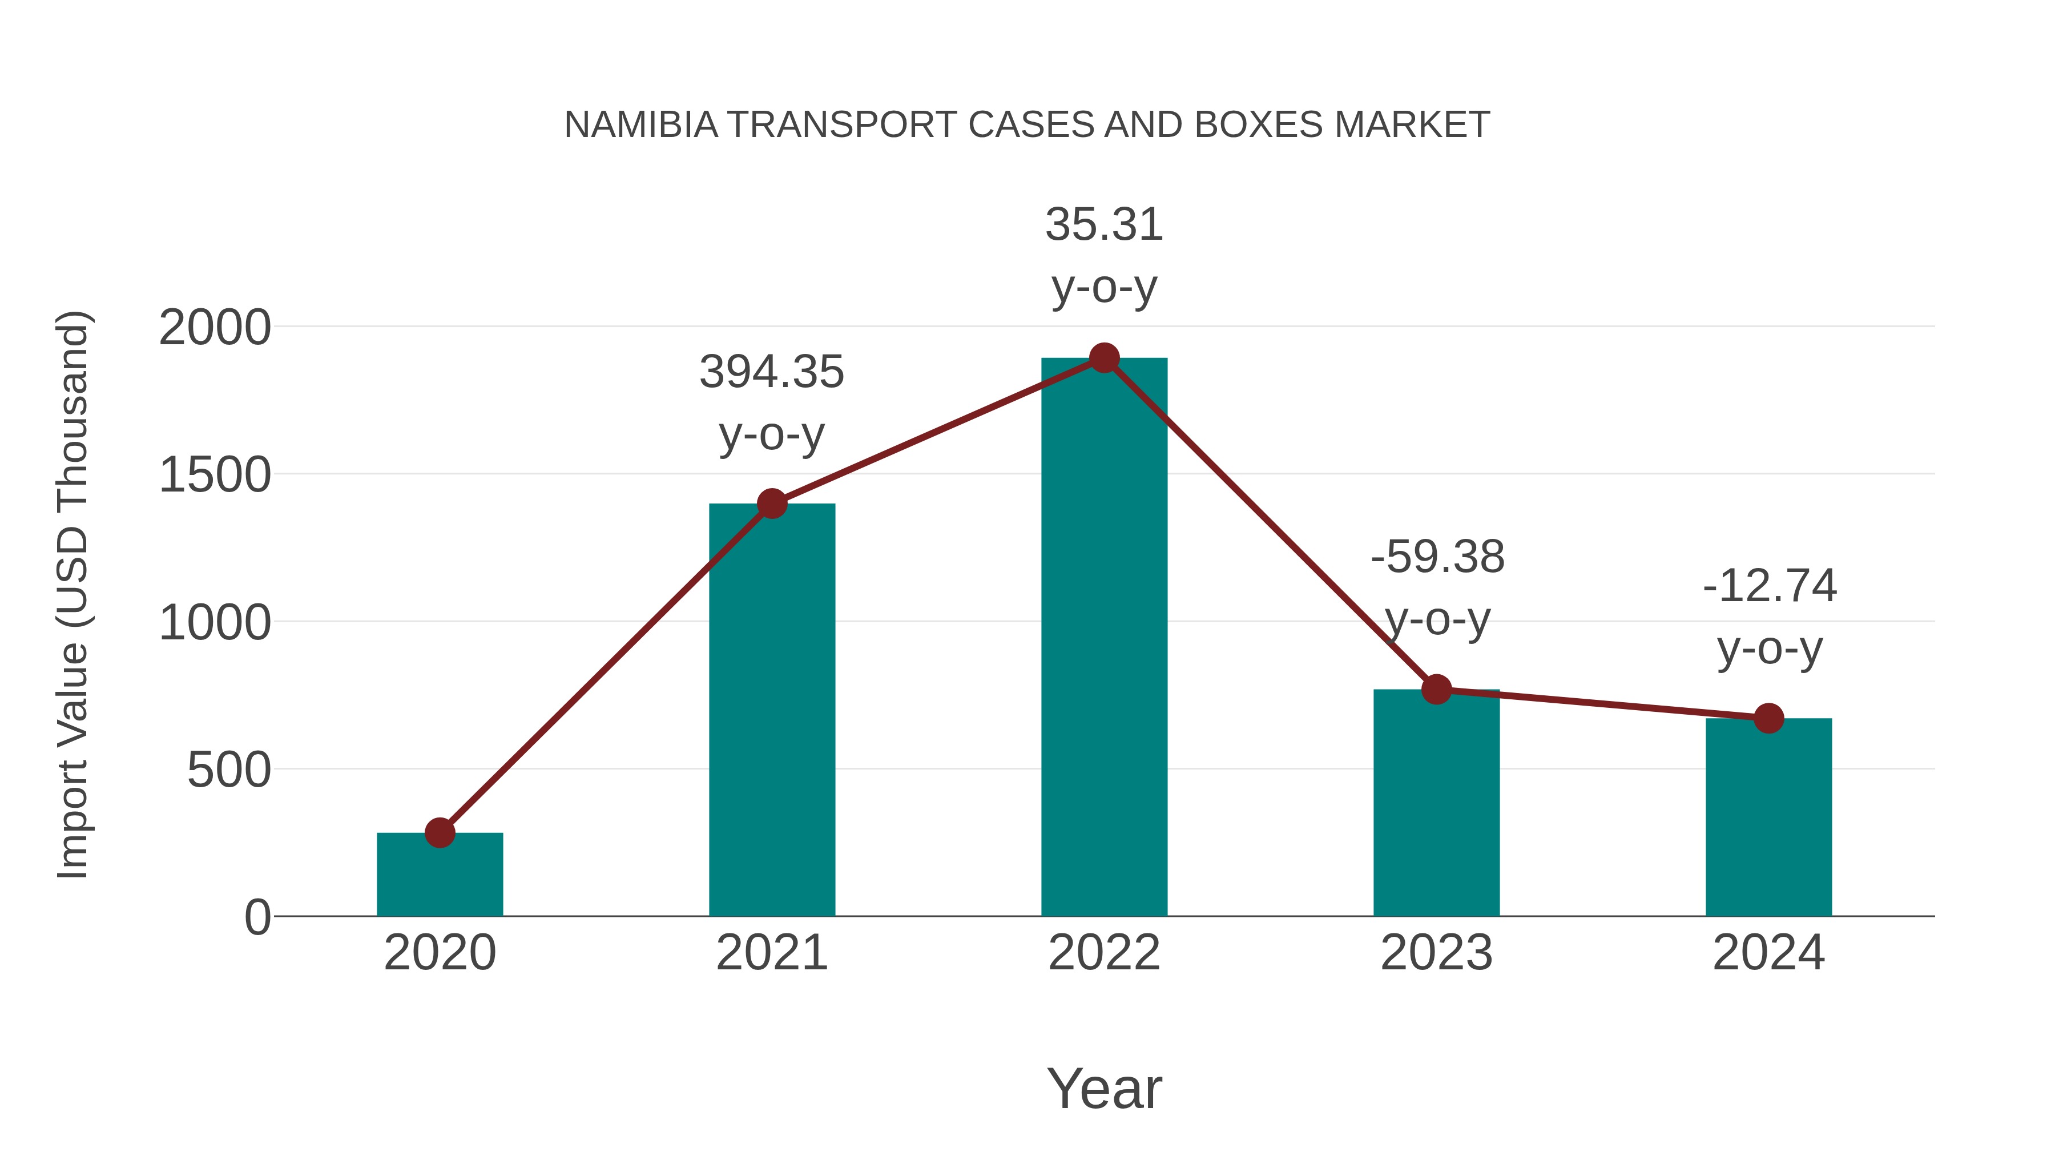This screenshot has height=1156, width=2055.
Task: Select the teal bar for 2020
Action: (x=440, y=877)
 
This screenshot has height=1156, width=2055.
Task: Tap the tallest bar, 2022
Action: (x=1104, y=638)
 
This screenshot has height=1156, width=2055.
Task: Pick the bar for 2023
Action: (x=1436, y=805)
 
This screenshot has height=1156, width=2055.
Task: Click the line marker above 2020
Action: (x=440, y=833)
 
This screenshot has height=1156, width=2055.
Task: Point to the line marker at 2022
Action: (x=1104, y=358)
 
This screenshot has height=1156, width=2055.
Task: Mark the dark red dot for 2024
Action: (x=1768, y=718)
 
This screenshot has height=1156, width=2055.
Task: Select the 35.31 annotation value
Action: (x=1104, y=225)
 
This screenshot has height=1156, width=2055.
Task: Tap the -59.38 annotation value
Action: (x=1437, y=557)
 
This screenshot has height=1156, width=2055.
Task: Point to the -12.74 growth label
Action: (x=1770, y=586)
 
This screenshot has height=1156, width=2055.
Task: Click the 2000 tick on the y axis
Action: (x=215, y=328)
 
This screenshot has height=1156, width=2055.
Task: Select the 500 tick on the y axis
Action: (x=229, y=771)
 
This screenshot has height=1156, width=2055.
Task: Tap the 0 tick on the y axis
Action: (x=257, y=917)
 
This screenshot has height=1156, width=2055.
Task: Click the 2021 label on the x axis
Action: (x=771, y=953)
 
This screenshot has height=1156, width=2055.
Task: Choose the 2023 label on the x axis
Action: (x=1436, y=953)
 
